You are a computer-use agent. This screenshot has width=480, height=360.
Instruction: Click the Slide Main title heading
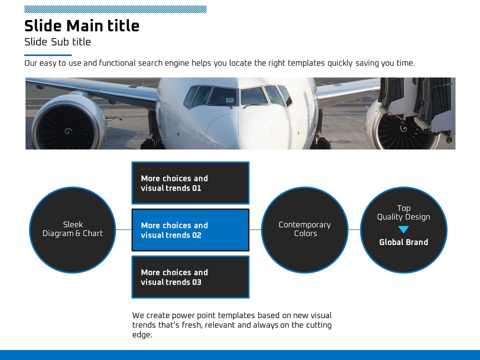click(x=81, y=25)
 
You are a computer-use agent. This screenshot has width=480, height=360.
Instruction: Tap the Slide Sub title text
click(x=57, y=42)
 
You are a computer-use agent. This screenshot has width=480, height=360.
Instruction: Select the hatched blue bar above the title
click(x=115, y=9)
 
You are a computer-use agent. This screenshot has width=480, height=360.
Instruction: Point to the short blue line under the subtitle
click(x=48, y=55)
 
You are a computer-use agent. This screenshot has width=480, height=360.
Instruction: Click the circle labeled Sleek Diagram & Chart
click(x=72, y=230)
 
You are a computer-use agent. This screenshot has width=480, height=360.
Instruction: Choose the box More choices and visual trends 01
click(x=190, y=183)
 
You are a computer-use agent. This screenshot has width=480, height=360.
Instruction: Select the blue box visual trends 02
click(x=190, y=230)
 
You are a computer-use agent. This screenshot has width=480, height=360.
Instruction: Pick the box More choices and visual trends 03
click(x=190, y=277)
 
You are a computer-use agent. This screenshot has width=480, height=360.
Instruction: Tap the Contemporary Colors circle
click(x=305, y=230)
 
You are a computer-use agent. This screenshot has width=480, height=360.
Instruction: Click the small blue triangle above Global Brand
click(x=403, y=229)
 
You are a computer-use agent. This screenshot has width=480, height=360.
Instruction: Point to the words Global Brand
click(x=403, y=242)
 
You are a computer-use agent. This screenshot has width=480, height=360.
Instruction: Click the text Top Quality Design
click(x=403, y=212)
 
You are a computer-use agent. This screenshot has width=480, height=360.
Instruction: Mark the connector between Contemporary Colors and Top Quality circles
click(x=354, y=229)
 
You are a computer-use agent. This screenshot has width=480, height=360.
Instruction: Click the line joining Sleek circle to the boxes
click(x=123, y=229)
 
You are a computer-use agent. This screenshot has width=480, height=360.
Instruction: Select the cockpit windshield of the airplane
click(x=238, y=96)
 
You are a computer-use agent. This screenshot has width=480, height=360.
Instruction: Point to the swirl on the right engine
click(x=403, y=128)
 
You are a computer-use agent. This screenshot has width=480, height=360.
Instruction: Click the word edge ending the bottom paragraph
click(x=142, y=335)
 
